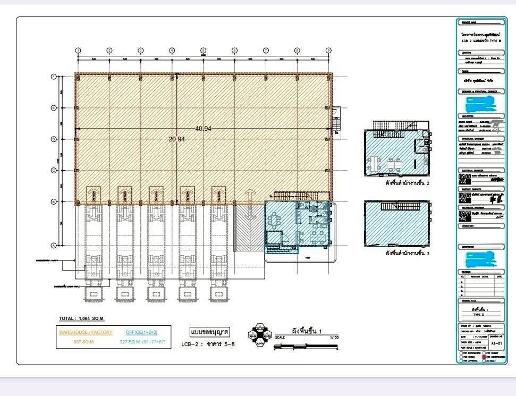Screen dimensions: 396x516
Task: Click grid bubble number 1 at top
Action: coord(78,50)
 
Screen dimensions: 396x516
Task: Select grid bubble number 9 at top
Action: coord(328,50)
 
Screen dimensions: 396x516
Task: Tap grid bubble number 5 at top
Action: coord(203,50)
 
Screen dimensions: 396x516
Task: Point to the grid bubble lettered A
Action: coord(53,245)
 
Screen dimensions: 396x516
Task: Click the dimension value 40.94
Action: coord(203,129)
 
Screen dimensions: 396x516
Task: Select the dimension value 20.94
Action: coord(177,139)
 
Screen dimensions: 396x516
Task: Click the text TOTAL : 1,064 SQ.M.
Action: coord(81,318)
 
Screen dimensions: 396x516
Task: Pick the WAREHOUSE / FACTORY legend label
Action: coord(85,332)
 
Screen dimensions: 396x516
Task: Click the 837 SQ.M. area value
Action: coord(84,342)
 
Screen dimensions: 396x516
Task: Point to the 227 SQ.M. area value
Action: coord(129,342)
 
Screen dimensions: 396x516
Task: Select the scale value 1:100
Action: coord(334,338)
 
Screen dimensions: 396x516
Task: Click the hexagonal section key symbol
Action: coord(260,335)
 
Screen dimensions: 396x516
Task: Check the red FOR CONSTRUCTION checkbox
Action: coord(484,356)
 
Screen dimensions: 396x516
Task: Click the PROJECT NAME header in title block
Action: coord(470,22)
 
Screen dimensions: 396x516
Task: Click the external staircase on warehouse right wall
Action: coord(336,122)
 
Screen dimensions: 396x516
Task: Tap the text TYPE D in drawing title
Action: coord(479,315)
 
